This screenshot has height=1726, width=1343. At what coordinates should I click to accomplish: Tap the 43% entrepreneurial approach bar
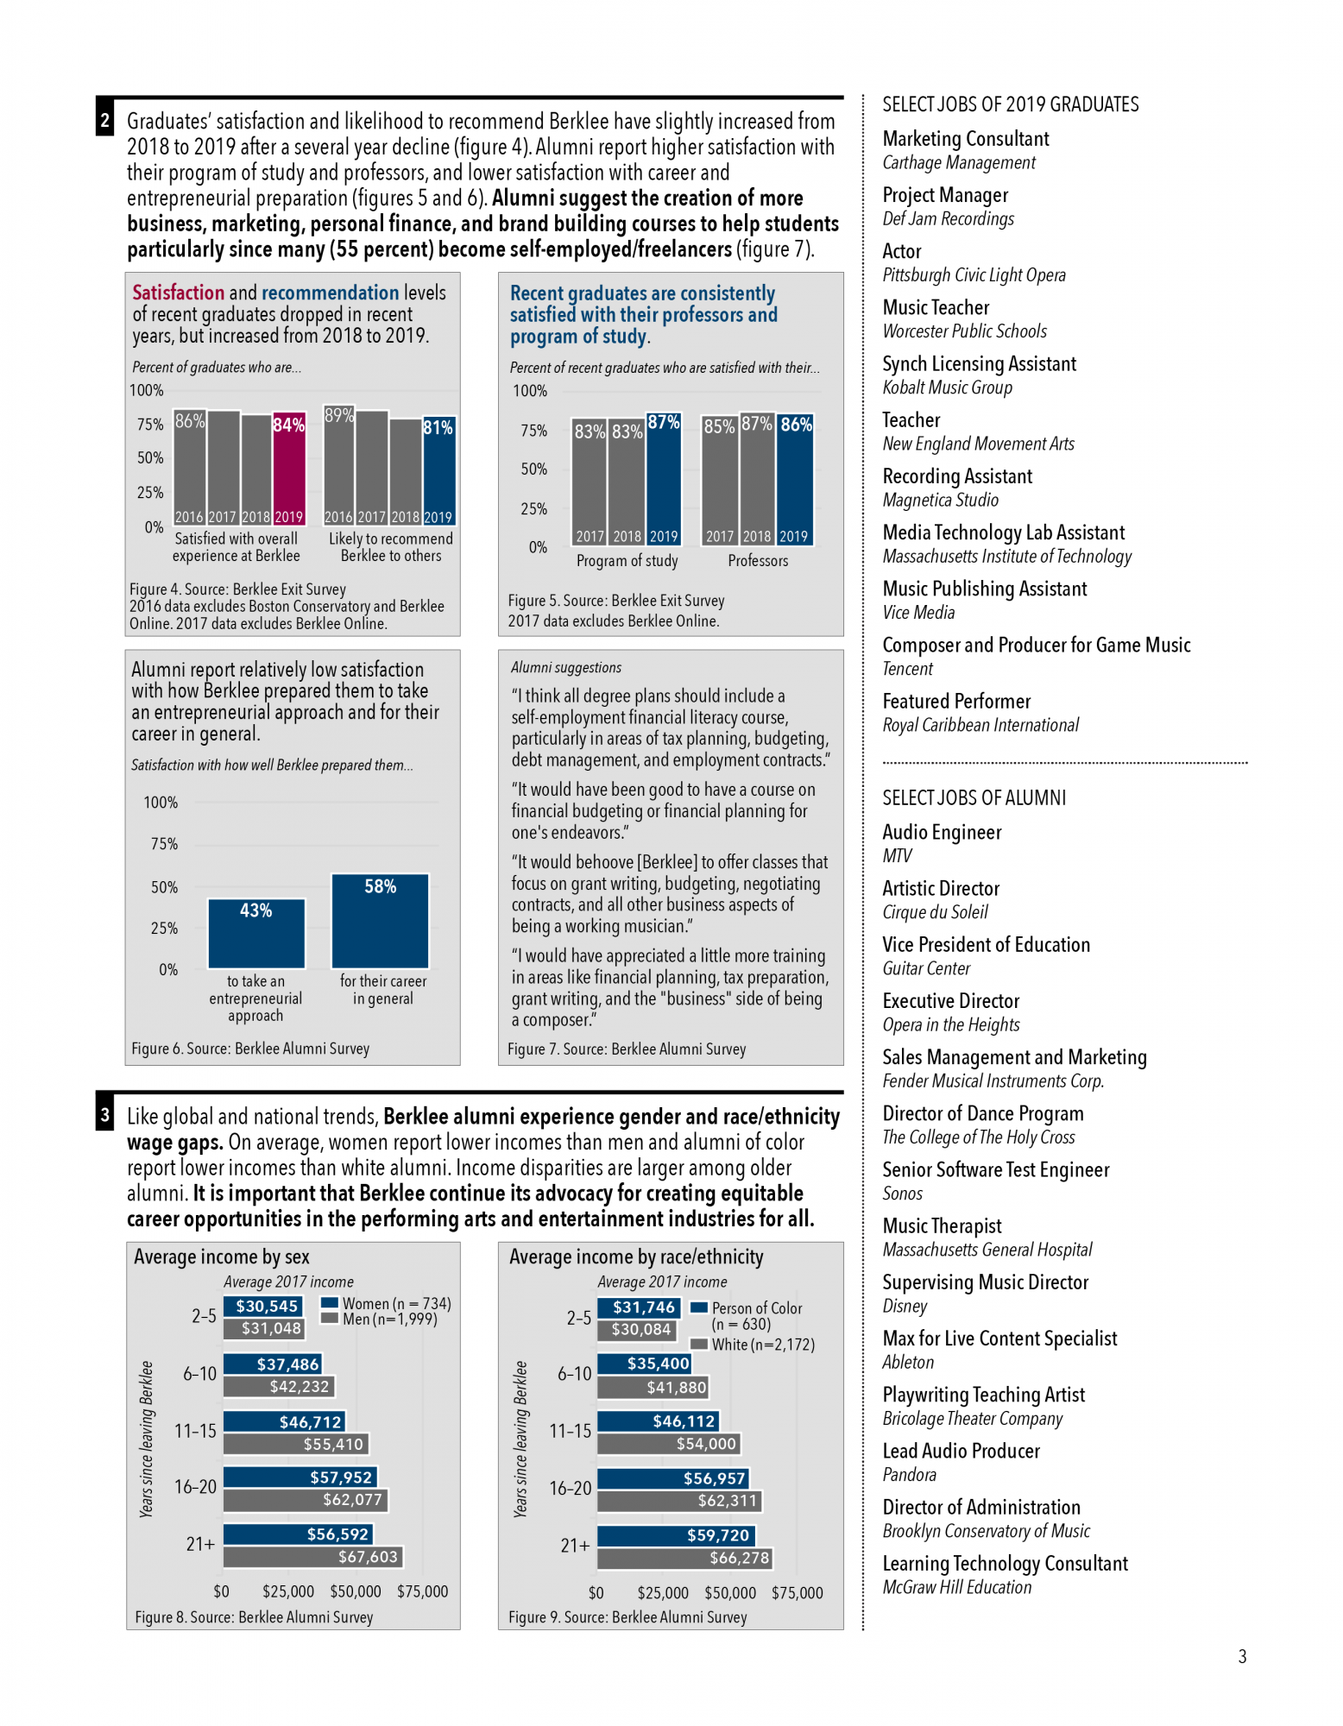click(x=256, y=934)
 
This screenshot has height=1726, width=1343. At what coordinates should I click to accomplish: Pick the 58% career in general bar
click(x=381, y=921)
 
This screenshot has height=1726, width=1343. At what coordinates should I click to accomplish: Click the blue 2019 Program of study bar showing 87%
click(x=664, y=480)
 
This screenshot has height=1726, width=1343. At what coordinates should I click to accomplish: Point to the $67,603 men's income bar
click(x=312, y=1557)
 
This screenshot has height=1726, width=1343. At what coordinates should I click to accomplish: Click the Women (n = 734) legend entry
click(x=386, y=1303)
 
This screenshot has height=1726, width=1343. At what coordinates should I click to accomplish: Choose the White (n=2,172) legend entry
click(x=753, y=1345)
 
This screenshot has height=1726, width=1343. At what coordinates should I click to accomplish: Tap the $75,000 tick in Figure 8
click(x=422, y=1591)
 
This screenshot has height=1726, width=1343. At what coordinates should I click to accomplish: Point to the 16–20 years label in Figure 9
click(x=571, y=1489)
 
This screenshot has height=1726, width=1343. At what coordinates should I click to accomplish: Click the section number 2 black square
click(x=105, y=121)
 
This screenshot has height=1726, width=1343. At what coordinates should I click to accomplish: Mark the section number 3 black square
click(x=105, y=1115)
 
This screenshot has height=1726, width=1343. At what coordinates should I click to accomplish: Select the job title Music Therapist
click(x=942, y=1226)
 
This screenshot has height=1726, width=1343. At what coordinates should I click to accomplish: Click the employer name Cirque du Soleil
click(x=935, y=912)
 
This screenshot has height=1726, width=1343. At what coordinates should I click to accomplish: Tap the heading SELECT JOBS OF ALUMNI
click(x=974, y=798)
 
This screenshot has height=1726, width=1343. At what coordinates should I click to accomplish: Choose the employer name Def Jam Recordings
click(x=948, y=219)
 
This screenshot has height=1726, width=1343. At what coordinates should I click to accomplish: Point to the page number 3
click(x=1242, y=1656)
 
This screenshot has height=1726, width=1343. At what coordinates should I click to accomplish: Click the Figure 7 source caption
click(x=627, y=1049)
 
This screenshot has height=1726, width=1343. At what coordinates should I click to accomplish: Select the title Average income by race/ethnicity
click(x=636, y=1257)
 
